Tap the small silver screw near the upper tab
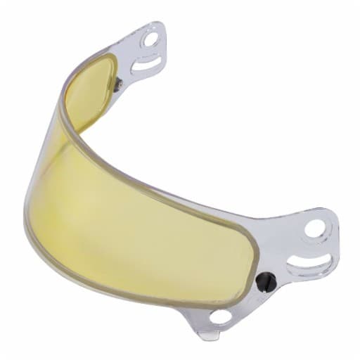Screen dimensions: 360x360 (118, 84)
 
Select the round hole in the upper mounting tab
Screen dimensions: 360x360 (150, 39)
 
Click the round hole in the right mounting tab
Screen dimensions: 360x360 (315, 229)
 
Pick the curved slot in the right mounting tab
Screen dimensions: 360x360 (306, 265)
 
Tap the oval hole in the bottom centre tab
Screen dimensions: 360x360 (220, 317)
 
